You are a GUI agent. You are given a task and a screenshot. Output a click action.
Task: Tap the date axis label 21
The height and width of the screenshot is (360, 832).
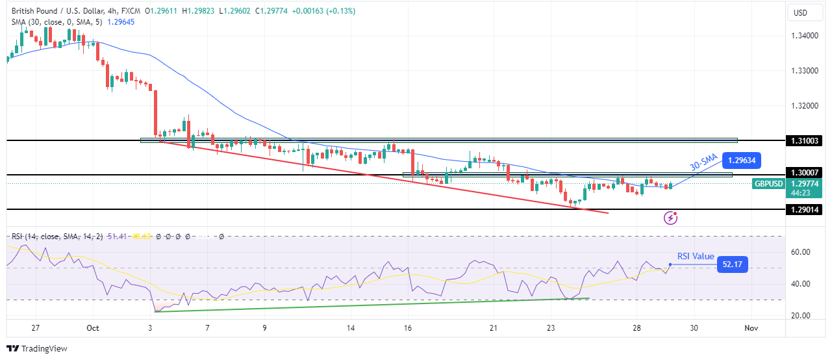(x=494, y=328)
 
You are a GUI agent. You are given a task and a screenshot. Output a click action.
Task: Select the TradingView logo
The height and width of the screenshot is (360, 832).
(x=37, y=349)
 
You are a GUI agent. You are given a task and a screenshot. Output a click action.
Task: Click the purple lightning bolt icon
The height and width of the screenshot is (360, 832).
(x=670, y=218)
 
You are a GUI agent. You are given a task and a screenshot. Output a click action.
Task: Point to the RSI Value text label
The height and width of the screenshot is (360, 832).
(x=696, y=257)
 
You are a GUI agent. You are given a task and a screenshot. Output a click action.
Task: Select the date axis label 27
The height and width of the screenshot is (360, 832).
(x=36, y=328)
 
